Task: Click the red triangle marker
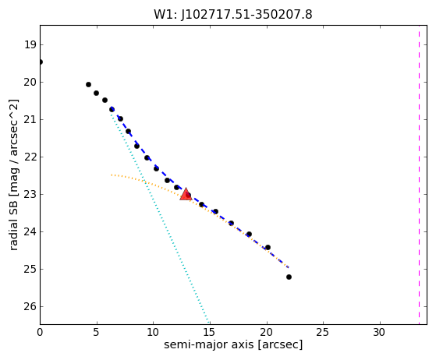186,194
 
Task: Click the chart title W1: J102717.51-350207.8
233,14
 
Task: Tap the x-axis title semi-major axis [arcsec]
233,344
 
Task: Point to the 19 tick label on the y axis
30,44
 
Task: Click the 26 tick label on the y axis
30,306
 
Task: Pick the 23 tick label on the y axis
30,194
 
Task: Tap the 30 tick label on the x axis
379,332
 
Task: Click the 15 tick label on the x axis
209,332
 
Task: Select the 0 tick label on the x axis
40,332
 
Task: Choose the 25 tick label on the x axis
323,332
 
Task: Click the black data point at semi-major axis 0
41,62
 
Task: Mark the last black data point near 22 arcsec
289,277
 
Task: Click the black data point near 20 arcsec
268,247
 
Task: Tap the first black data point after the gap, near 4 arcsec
88,84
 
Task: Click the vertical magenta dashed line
419,175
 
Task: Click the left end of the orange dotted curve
112,175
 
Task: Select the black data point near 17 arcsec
231,223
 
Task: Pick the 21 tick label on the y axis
30,119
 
